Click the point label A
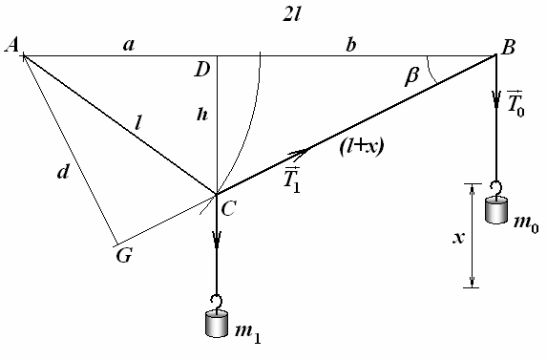pos(11,45)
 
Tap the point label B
pos(508,47)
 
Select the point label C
pos(229,208)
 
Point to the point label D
pos(202,70)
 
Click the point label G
pos(124,256)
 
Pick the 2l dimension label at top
pos(291,15)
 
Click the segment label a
pos(129,45)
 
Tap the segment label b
pos(351,45)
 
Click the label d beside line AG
pos(64,171)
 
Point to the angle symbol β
pos(411,76)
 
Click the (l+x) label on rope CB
pos(362,147)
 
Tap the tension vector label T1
pos(292,180)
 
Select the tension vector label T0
pos(515,103)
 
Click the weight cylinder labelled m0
pos(496,209)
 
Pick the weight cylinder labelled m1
pos(217,324)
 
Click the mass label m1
pos(247,332)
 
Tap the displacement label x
pos(458,238)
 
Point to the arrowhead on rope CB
pos(299,153)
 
